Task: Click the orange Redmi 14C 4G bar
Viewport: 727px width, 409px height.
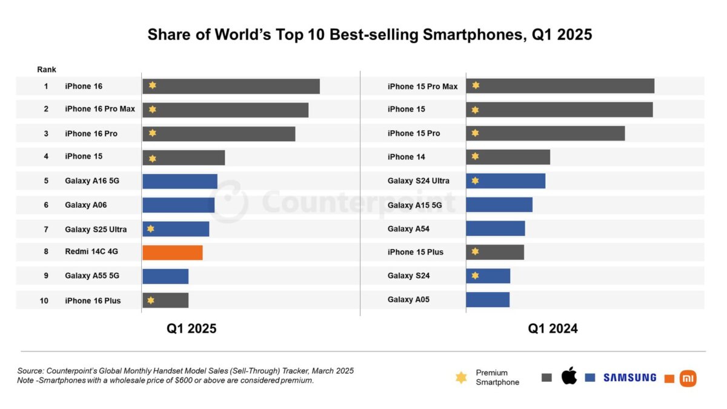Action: click(172, 253)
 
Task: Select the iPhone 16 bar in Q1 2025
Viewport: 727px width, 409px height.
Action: click(231, 86)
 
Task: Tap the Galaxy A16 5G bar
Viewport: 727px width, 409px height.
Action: click(179, 181)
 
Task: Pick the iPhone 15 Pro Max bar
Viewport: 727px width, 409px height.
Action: click(560, 86)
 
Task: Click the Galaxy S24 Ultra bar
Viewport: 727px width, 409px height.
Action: click(505, 181)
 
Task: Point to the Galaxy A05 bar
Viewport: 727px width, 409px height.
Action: click(487, 299)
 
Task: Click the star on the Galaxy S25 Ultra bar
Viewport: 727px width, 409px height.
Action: click(151, 228)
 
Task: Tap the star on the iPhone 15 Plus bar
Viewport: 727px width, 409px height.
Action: click(475, 251)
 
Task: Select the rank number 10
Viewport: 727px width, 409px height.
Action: click(44, 301)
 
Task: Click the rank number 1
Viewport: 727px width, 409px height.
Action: click(46, 86)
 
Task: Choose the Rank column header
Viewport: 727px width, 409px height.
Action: click(46, 70)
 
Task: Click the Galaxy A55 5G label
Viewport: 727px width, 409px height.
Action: click(92, 276)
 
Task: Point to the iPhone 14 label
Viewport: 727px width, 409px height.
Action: click(406, 157)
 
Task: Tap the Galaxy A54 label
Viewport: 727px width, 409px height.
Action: click(408, 229)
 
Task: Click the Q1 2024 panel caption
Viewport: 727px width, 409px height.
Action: click(553, 328)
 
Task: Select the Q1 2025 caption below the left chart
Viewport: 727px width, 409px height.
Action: click(191, 328)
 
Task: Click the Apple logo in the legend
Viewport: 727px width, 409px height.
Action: click(569, 376)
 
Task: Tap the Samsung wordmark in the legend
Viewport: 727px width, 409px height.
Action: click(629, 377)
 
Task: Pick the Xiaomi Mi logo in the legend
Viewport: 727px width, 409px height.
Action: click(688, 378)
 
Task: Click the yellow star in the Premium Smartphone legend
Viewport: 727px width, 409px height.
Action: click(461, 377)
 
